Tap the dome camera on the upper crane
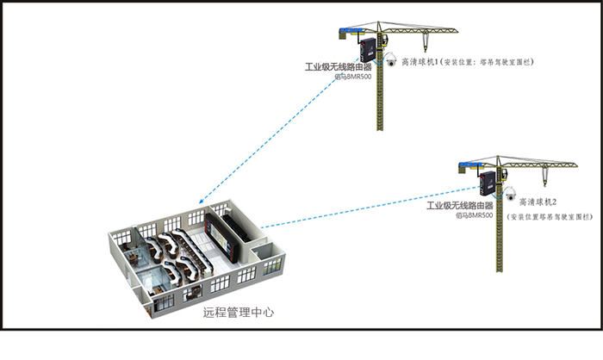click(x=389, y=59)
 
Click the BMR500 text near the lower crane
click(x=475, y=216)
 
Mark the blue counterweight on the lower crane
click(x=468, y=164)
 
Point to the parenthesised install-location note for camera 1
click(x=492, y=63)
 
